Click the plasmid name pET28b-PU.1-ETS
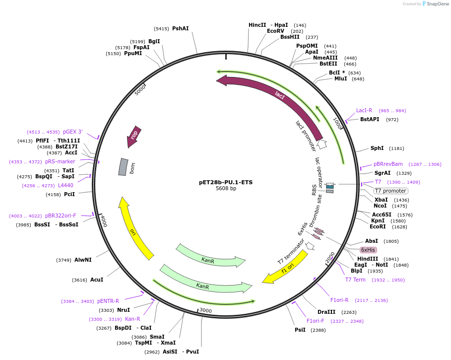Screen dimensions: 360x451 226,182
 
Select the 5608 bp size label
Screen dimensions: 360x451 226,189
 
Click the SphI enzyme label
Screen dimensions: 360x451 377,148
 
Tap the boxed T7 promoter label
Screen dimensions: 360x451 390,191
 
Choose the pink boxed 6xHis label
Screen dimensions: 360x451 368,250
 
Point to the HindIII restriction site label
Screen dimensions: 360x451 368,259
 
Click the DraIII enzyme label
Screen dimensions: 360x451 326,312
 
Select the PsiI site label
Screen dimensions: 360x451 300,330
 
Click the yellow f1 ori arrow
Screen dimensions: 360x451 285,268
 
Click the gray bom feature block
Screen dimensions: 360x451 123,167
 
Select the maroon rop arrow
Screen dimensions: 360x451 133,136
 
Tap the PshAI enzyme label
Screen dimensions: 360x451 181,28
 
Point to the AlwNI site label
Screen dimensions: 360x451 83,260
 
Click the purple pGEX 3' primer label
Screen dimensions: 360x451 73,132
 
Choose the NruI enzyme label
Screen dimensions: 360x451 124,310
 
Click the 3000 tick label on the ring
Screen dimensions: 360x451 205,311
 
